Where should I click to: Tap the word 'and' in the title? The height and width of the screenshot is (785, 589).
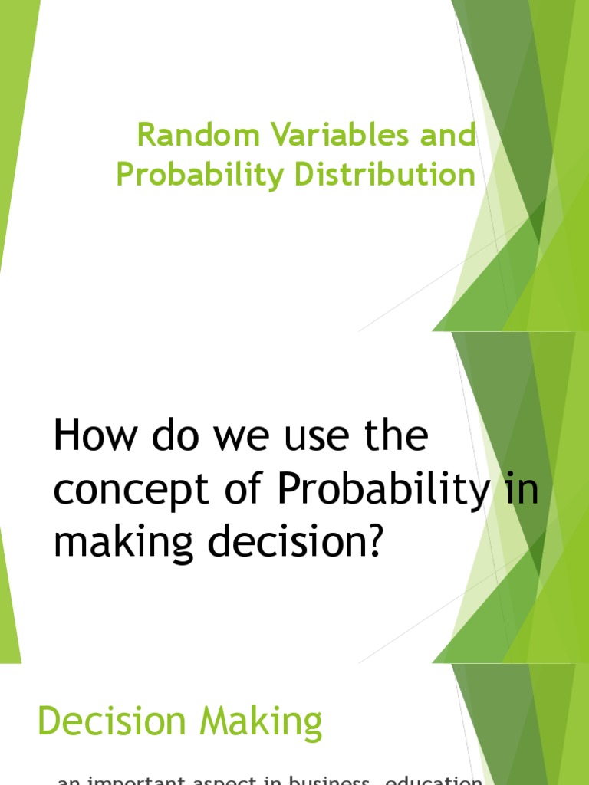(x=446, y=136)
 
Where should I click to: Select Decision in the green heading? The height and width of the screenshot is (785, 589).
(x=112, y=722)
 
